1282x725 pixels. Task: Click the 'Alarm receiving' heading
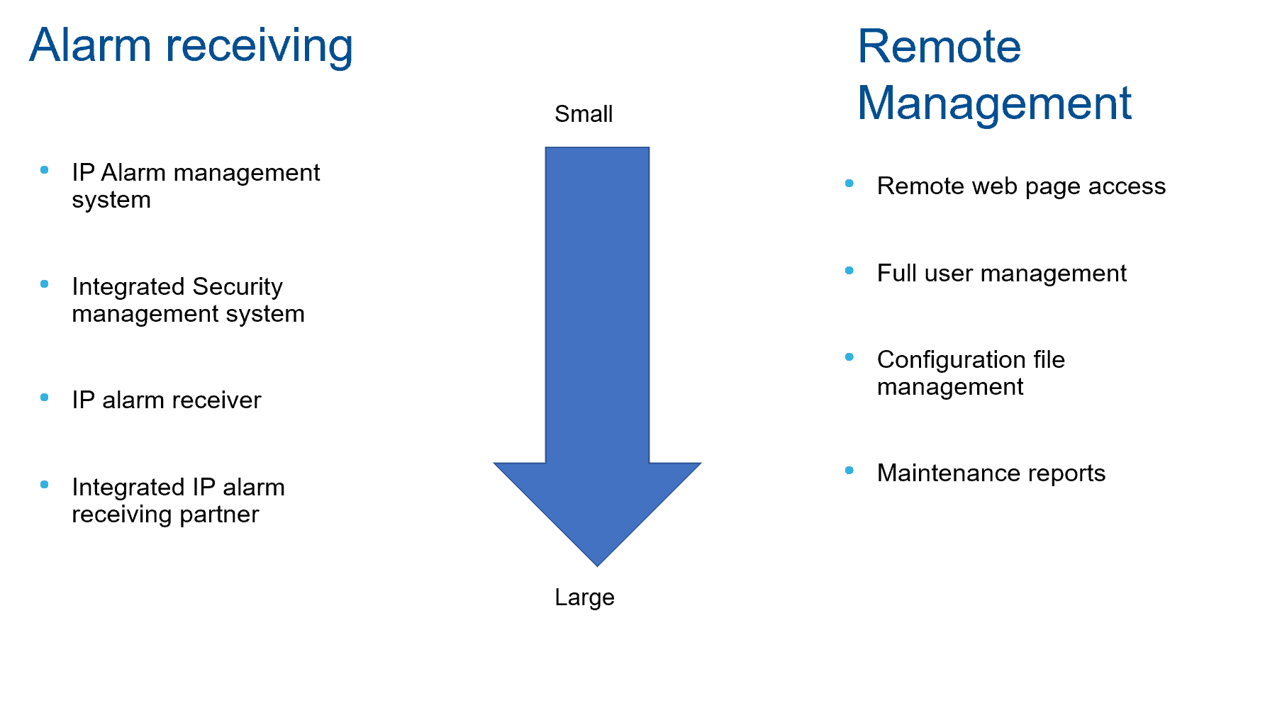(x=191, y=45)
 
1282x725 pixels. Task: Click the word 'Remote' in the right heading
(x=939, y=47)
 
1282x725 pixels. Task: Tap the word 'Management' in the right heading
(x=994, y=103)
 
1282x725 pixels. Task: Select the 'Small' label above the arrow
(x=583, y=113)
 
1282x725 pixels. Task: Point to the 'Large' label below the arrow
(x=584, y=597)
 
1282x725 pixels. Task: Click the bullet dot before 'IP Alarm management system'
(x=45, y=170)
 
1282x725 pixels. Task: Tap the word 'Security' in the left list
(x=238, y=286)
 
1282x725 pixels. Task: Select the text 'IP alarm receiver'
(x=167, y=400)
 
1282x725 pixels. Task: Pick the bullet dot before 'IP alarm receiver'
(x=45, y=398)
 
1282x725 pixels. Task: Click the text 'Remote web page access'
(x=1021, y=186)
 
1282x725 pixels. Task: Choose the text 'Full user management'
(x=1001, y=273)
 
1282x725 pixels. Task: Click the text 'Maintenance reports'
(x=991, y=473)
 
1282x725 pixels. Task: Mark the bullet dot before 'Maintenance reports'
(x=849, y=471)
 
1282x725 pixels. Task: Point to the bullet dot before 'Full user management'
(x=849, y=271)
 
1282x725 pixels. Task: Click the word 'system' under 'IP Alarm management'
(x=111, y=200)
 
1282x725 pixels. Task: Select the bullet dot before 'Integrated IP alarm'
(x=45, y=485)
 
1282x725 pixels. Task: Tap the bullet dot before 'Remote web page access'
(x=849, y=184)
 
